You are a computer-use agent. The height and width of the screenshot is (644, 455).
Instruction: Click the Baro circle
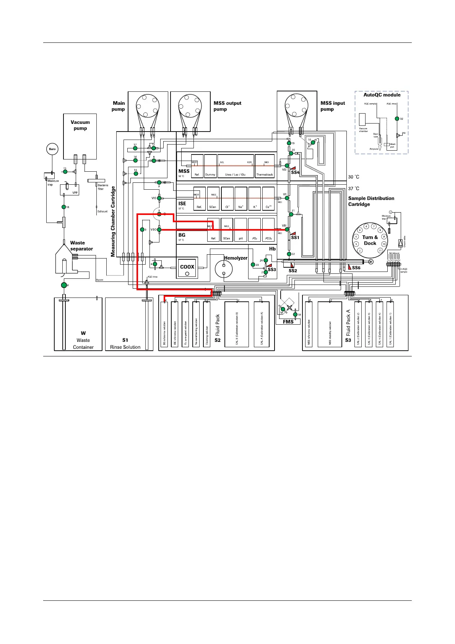point(52,149)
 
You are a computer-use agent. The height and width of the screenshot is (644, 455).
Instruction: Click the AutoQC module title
point(382,95)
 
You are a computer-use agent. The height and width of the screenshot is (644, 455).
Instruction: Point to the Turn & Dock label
point(370,240)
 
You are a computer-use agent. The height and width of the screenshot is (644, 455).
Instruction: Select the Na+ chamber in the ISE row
point(240,198)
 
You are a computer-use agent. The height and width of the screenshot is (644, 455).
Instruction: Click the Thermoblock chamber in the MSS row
point(265,166)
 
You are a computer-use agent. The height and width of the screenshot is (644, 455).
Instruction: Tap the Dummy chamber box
point(210,166)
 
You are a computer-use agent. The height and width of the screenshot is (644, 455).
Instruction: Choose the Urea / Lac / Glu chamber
point(236,166)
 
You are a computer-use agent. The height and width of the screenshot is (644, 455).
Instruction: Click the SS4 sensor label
point(295,172)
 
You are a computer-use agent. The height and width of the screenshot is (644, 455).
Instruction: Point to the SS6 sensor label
point(356,268)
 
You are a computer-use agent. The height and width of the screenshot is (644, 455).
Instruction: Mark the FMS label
point(288,322)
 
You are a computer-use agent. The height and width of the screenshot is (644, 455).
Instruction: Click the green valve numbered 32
point(396,119)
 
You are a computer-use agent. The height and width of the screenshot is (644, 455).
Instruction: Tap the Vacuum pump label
point(80,125)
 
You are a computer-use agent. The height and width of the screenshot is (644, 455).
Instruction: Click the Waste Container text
point(83,343)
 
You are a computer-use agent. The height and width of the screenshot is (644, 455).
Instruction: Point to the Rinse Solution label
point(125,347)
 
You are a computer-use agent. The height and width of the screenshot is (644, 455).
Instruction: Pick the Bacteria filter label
point(103,187)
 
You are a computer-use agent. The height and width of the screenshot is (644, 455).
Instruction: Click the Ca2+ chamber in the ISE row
point(268,198)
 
